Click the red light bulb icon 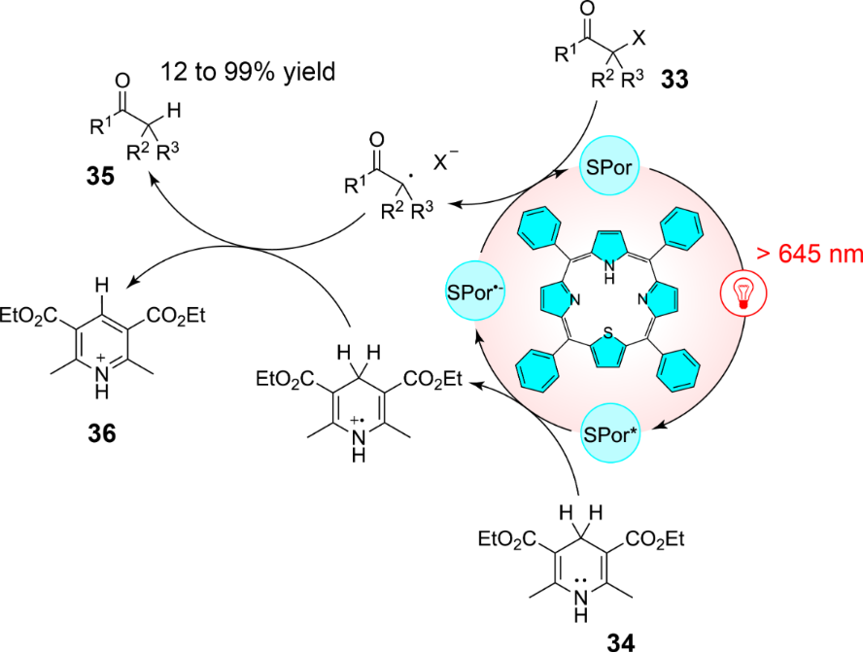pyautogui.click(x=744, y=292)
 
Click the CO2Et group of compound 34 pyautogui.click(x=664, y=539)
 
